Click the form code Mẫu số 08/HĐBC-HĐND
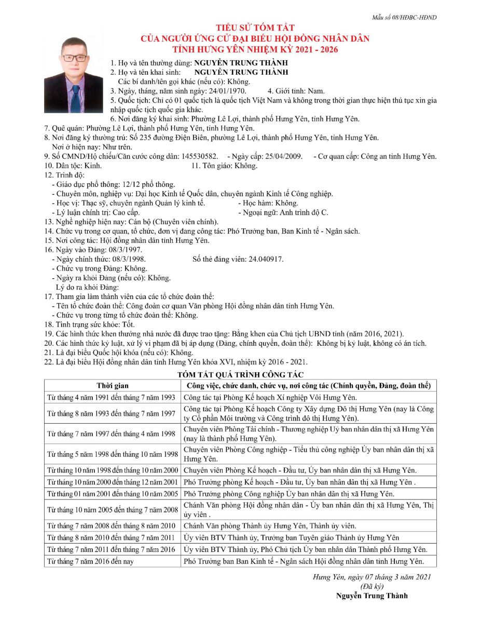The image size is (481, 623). (404, 17)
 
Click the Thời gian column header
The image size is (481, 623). (112, 386)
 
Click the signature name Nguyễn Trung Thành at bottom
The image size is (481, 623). (372, 595)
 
